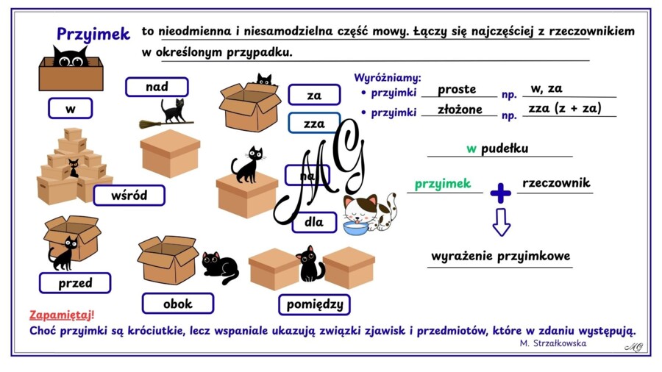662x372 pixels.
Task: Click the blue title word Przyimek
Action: tap(93, 34)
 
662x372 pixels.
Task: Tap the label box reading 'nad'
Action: tap(157, 87)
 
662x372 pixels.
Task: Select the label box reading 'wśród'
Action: tap(129, 196)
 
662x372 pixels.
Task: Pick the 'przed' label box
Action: tap(75, 282)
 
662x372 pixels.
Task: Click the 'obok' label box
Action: tap(178, 303)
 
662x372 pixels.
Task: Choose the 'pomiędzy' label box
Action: tap(315, 304)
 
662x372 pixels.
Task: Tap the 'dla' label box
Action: tap(314, 222)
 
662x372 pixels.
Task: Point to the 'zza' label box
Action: tap(314, 124)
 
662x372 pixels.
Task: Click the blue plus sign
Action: tap(501, 193)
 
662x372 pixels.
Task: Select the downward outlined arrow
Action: tap(502, 222)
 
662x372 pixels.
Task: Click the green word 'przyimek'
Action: tap(443, 184)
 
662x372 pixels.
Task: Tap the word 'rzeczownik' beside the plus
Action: tap(556, 182)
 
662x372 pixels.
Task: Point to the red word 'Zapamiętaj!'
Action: tap(62, 315)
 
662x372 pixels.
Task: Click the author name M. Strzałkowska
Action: tap(553, 343)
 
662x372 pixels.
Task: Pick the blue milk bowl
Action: tap(355, 228)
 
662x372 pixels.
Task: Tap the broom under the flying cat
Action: tap(166, 124)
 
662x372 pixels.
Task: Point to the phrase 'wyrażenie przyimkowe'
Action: tap(500, 257)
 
